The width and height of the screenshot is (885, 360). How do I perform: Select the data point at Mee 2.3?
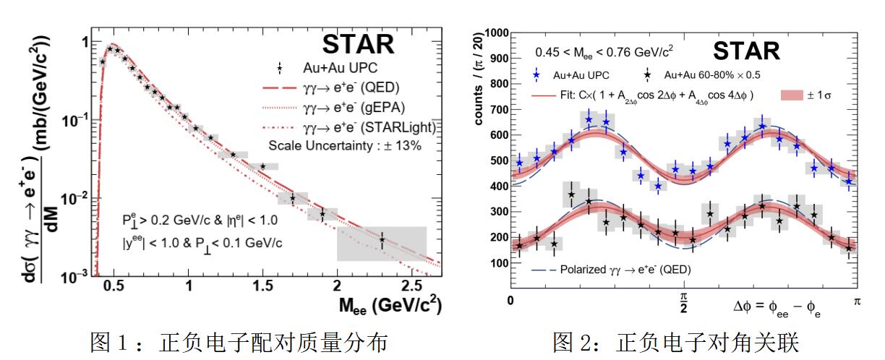(382, 239)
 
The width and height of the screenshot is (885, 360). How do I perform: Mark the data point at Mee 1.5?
(262, 166)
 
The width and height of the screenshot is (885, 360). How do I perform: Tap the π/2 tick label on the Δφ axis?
(684, 301)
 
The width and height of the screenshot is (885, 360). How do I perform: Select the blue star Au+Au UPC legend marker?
(536, 74)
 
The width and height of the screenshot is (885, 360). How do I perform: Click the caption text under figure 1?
(220, 340)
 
